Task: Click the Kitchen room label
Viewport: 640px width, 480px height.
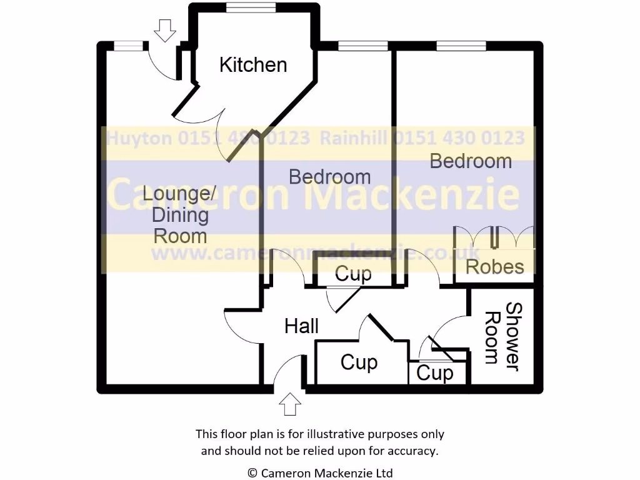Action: coord(253,64)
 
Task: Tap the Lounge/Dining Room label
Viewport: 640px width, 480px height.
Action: coord(180,214)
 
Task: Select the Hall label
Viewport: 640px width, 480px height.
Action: coord(302,326)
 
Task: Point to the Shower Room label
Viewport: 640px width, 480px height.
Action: coord(503,336)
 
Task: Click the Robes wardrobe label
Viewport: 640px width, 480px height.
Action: coord(495,267)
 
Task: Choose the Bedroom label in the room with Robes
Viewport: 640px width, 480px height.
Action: coord(471,161)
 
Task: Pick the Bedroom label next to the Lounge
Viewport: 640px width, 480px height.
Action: coord(329,177)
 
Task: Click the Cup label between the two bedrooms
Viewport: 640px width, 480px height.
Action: coord(353,274)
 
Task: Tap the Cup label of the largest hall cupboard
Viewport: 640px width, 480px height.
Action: coord(359,362)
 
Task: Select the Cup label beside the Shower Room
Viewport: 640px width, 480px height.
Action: coord(434,373)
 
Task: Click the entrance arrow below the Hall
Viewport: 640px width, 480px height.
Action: coord(289,404)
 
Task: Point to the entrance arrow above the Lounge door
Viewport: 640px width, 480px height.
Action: coord(165,30)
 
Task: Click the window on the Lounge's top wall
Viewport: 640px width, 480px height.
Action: coord(127,45)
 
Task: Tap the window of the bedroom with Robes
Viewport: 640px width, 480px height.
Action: coord(461,46)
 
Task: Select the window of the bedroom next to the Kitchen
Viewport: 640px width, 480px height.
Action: coord(362,46)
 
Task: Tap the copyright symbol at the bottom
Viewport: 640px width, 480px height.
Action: coord(252,473)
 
